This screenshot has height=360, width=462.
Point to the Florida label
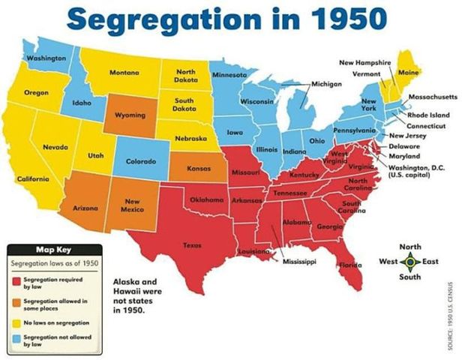click(x=349, y=265)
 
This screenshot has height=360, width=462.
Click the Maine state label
click(x=409, y=72)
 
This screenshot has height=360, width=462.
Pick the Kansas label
click(x=199, y=169)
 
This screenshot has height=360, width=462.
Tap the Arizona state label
click(x=86, y=207)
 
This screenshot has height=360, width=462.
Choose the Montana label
click(x=124, y=72)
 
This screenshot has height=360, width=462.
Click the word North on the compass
click(x=409, y=247)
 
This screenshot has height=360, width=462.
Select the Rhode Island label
click(x=428, y=115)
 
